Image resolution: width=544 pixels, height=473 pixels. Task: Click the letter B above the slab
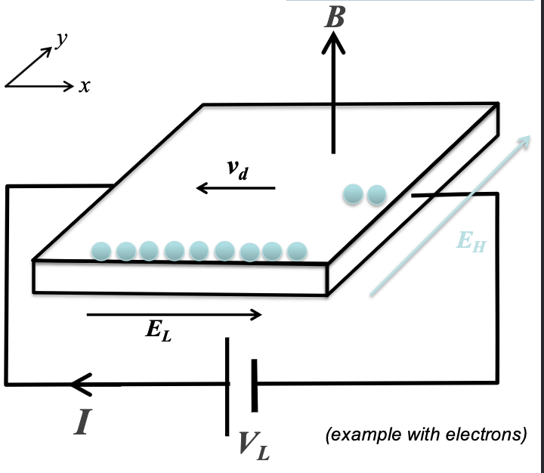[x=334, y=16]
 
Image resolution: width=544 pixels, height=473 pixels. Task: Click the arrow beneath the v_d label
[x=235, y=188]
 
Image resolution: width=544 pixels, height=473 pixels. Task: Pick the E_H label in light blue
[x=471, y=242]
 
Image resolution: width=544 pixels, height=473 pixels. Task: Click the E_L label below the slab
[x=159, y=332]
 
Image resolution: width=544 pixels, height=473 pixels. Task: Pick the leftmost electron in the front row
[x=102, y=250]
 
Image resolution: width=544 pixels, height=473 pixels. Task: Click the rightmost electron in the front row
[x=297, y=250]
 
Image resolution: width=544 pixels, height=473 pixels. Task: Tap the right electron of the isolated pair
[x=376, y=194]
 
